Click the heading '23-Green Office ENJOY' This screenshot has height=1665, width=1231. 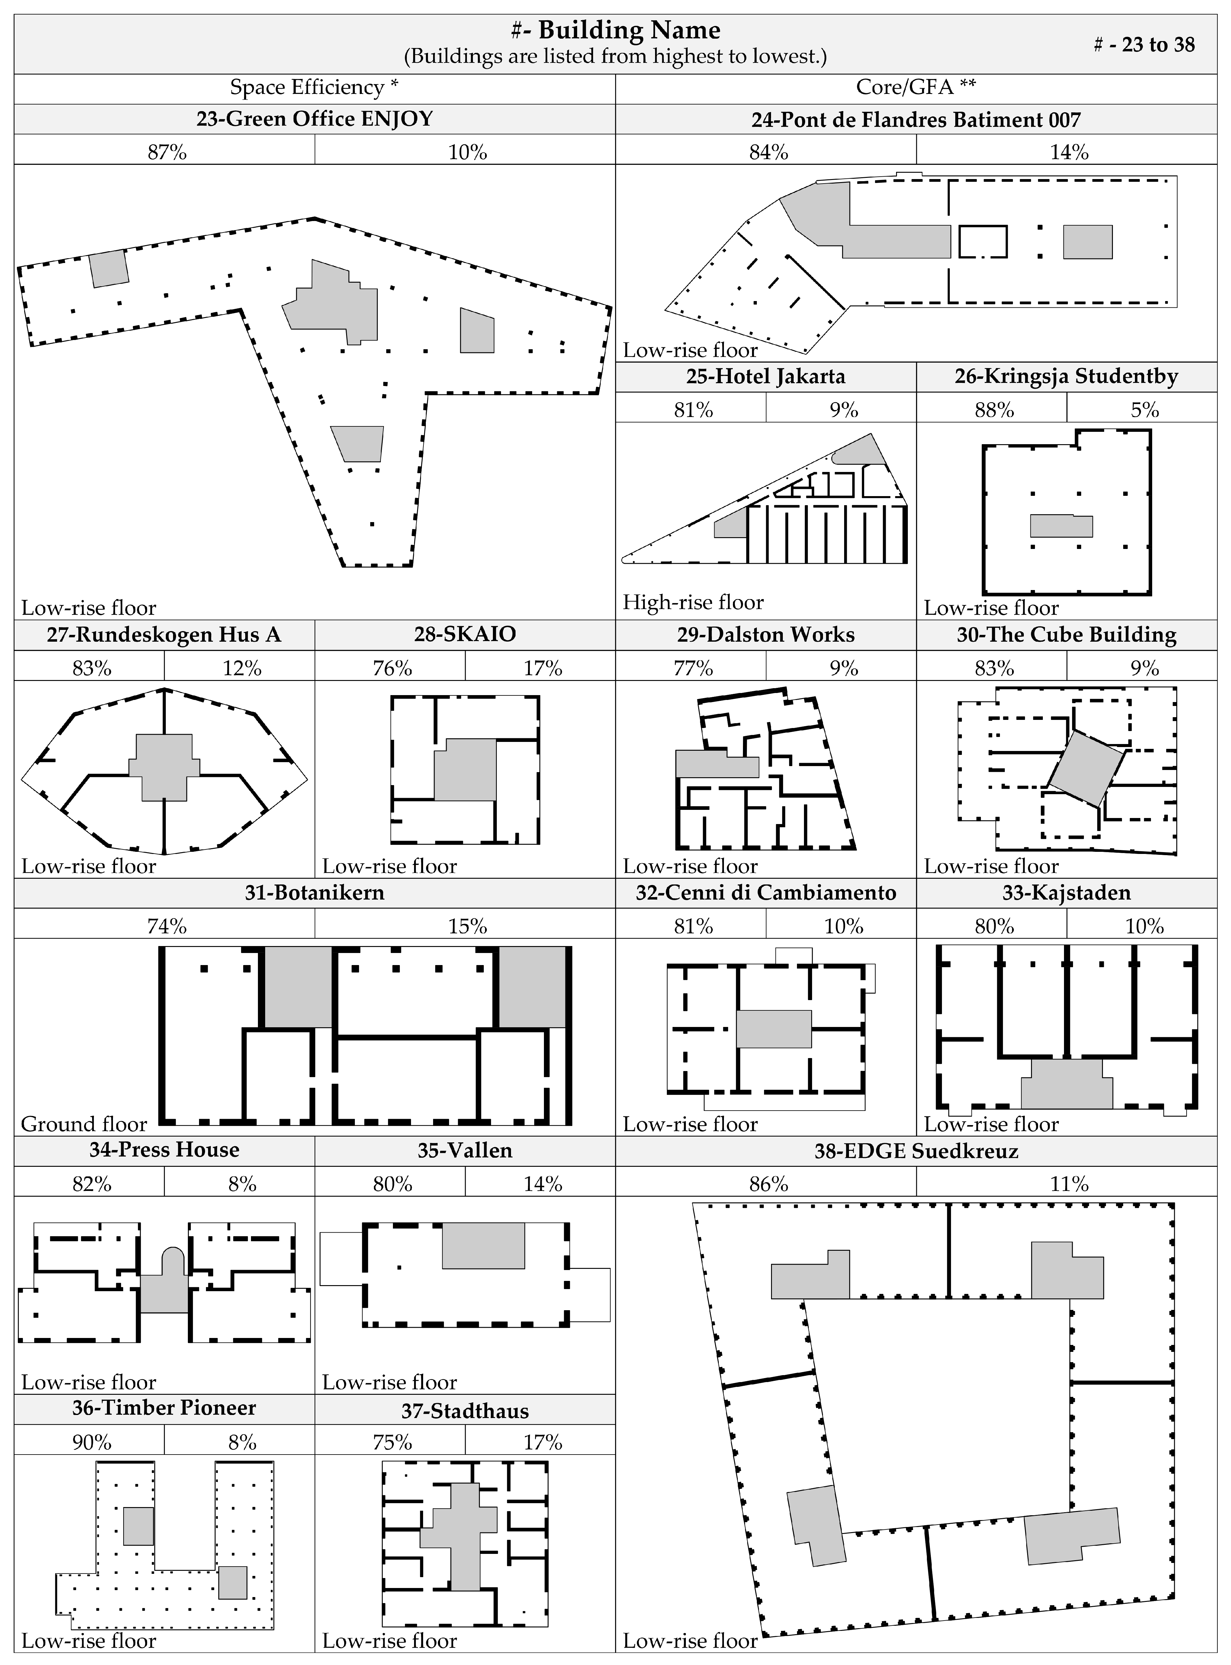tap(314, 119)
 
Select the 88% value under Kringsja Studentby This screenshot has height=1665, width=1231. tap(994, 410)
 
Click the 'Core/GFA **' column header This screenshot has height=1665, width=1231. tap(916, 87)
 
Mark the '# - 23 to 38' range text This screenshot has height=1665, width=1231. tap(1144, 45)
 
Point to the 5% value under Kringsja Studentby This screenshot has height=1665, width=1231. tap(1145, 410)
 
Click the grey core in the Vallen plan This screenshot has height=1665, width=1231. tap(484, 1246)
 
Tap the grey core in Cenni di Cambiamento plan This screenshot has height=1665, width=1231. tap(773, 1029)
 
